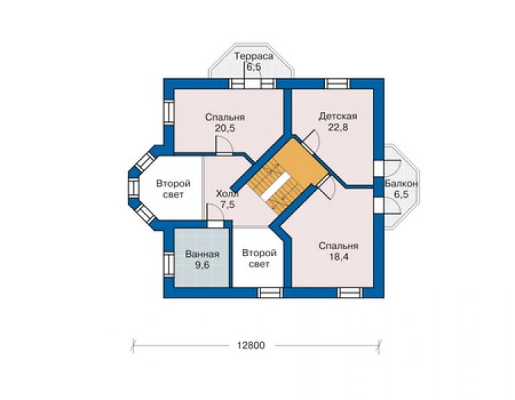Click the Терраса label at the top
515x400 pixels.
click(253, 56)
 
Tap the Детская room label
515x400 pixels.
click(338, 116)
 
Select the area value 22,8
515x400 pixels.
click(338, 127)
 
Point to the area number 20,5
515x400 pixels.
click(225, 128)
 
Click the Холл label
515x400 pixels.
click(228, 194)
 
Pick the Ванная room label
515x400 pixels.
click(202, 254)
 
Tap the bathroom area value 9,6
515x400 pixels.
click(202, 265)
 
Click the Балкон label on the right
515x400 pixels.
click(402, 183)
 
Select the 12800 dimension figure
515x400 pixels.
click(251, 346)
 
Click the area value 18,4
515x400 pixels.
click(339, 257)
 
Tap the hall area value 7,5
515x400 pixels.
click(228, 205)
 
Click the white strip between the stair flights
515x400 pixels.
click(275, 186)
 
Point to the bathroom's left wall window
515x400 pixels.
click(169, 264)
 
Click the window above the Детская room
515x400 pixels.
click(338, 83)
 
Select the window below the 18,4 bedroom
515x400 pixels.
click(350, 293)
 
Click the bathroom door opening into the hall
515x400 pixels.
click(215, 223)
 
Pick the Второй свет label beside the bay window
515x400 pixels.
click(173, 189)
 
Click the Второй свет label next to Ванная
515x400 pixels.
click(259, 259)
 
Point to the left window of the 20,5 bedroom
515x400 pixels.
click(169, 112)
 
